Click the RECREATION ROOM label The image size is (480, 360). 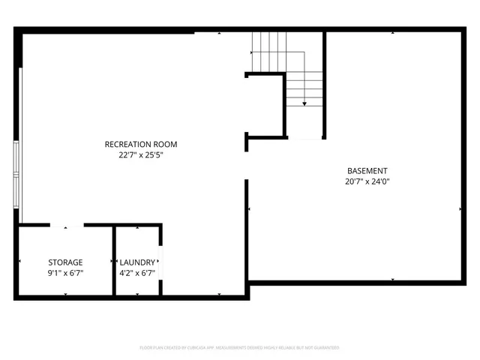[x=141, y=144]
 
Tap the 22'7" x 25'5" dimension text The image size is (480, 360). [x=141, y=156]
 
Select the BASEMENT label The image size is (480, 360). [x=367, y=170]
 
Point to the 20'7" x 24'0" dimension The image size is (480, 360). [x=367, y=181]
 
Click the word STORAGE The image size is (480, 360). [x=65, y=262]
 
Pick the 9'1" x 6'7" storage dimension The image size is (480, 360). [x=65, y=273]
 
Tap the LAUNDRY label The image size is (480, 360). [x=137, y=262]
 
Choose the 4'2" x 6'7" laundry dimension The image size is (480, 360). [x=137, y=273]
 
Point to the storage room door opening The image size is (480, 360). [x=67, y=225]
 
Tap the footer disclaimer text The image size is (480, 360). [x=239, y=348]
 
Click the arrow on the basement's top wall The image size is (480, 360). [x=393, y=34]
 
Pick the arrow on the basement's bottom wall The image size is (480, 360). [x=393, y=280]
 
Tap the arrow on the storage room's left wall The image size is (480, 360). [x=20, y=262]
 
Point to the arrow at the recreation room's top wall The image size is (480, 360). [x=219, y=34]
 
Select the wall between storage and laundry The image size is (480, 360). [x=113, y=261]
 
